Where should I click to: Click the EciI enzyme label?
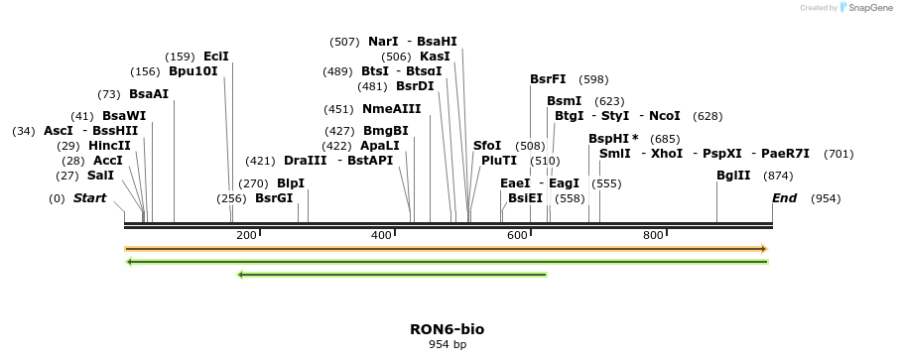tap(215, 57)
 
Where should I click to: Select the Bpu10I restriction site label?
tap(192, 71)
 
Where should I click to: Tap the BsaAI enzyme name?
tap(149, 94)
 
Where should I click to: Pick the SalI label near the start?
tap(100, 176)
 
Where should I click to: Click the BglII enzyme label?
tap(733, 176)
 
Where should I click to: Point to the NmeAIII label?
tap(392, 109)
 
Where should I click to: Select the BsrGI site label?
tap(274, 198)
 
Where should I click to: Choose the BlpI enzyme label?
tap(291, 183)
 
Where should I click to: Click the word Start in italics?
tap(89, 198)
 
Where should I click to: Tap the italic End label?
tap(784, 198)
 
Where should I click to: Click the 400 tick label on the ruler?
tap(382, 235)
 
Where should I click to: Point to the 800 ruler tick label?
tap(653, 235)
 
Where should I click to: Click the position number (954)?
tap(826, 199)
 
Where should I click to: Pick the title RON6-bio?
tap(448, 329)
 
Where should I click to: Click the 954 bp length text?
tap(448, 345)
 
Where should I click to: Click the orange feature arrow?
tap(447, 249)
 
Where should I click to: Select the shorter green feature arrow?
tap(392, 275)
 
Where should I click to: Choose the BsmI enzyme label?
tap(565, 101)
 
